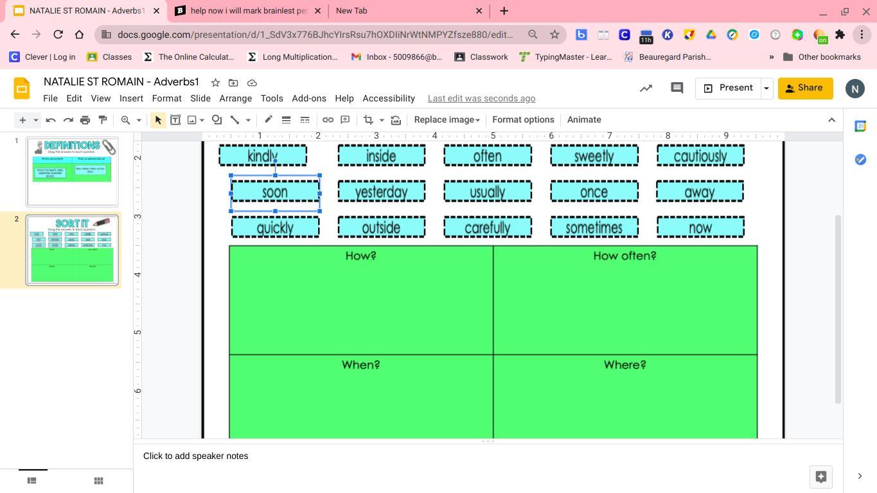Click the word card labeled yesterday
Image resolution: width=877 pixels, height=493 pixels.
coord(381,192)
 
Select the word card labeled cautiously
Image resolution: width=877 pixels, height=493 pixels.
coord(700,156)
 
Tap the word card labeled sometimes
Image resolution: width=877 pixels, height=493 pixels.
coord(594,228)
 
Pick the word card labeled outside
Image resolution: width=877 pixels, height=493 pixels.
coord(381,228)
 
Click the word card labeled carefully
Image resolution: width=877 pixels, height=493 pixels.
coord(487,228)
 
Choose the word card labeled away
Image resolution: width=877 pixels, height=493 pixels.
coord(699,192)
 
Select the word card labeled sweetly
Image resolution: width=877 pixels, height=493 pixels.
coord(594,156)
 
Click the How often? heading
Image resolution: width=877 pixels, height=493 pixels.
coord(625,255)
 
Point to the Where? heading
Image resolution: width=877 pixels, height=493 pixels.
coord(625,365)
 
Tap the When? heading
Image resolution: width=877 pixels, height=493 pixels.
coord(360,365)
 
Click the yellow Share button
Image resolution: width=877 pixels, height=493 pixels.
coord(804,88)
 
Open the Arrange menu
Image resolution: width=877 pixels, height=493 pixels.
coord(235,98)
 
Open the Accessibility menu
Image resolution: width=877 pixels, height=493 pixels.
coord(388,98)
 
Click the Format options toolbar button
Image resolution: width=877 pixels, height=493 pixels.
coord(523,119)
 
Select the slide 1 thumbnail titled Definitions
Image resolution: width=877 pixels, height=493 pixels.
coord(72,171)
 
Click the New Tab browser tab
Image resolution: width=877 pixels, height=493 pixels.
coord(405,11)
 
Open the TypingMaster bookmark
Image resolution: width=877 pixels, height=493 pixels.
coord(565,57)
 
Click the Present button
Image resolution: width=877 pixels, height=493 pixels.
coord(728,88)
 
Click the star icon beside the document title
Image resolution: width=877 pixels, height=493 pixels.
coord(215,82)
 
